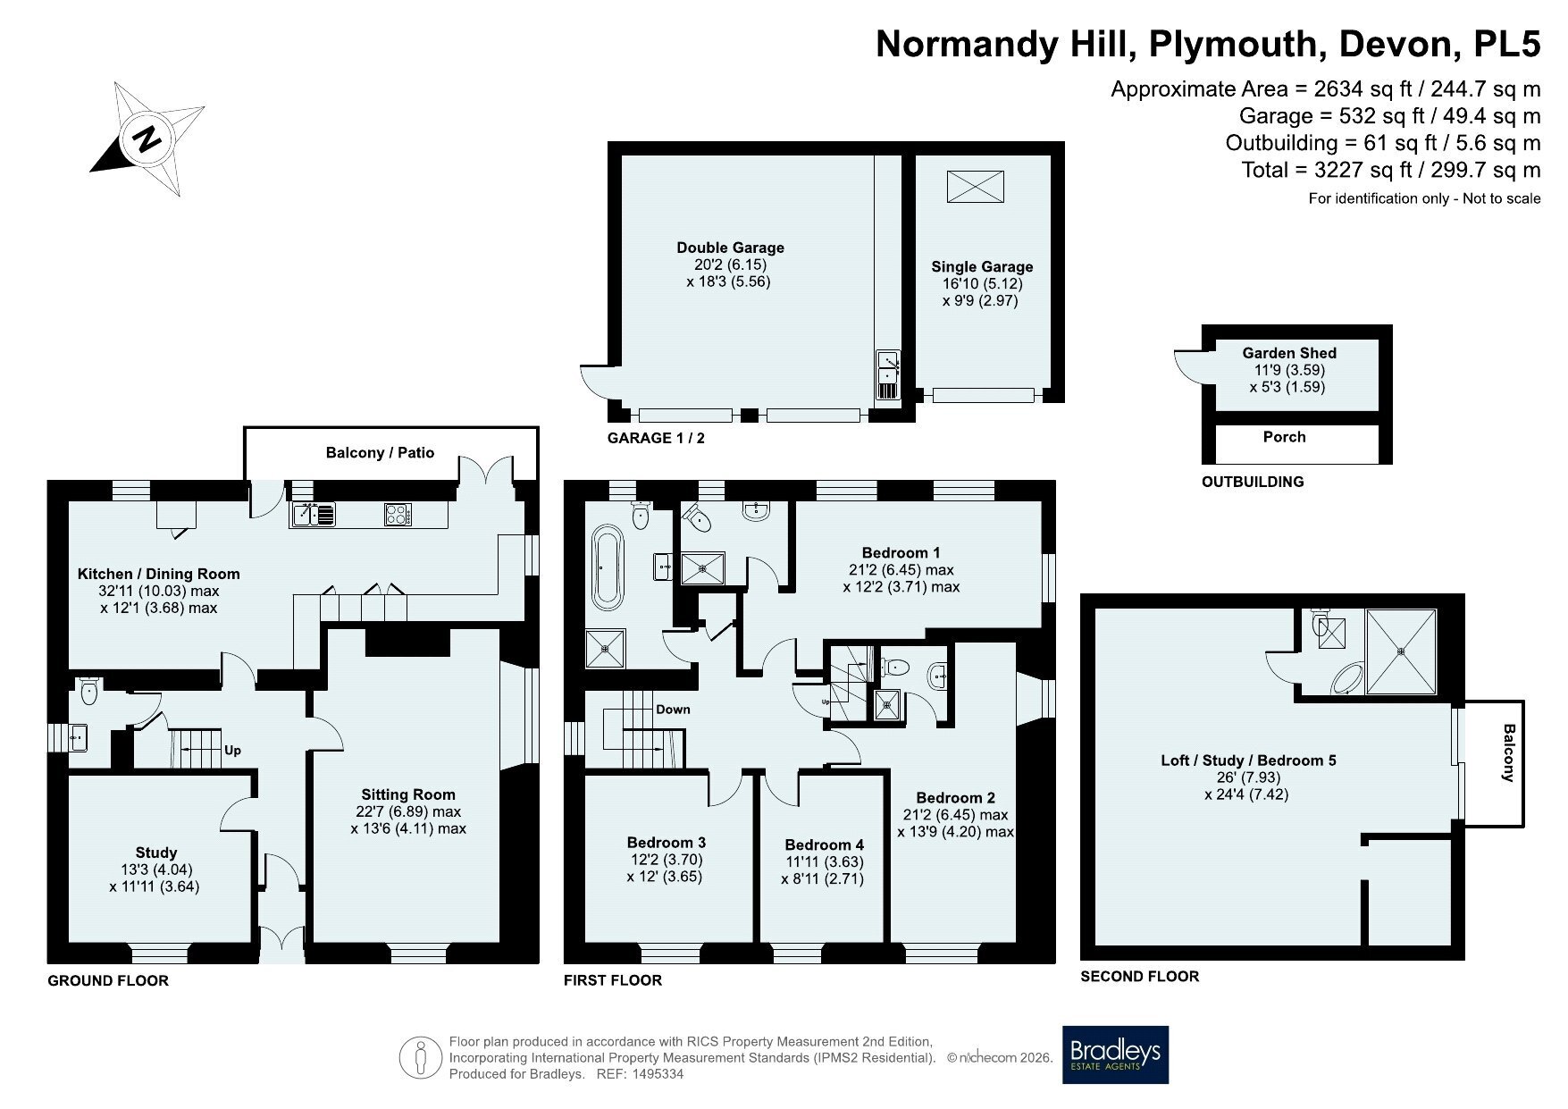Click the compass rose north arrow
(x=148, y=139)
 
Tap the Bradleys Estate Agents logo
(x=1115, y=1054)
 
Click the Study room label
(x=156, y=853)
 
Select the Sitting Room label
(x=408, y=794)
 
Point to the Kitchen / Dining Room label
(x=159, y=574)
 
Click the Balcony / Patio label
(x=380, y=452)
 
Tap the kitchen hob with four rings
(x=398, y=514)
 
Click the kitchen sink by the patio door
(x=313, y=514)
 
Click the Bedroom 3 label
(x=667, y=842)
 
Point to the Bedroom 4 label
(x=825, y=844)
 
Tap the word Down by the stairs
(x=673, y=710)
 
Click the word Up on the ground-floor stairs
(x=232, y=751)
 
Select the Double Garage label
(x=730, y=248)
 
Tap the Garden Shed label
(x=1289, y=353)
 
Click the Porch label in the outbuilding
(x=1285, y=437)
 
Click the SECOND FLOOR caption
(x=1140, y=976)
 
